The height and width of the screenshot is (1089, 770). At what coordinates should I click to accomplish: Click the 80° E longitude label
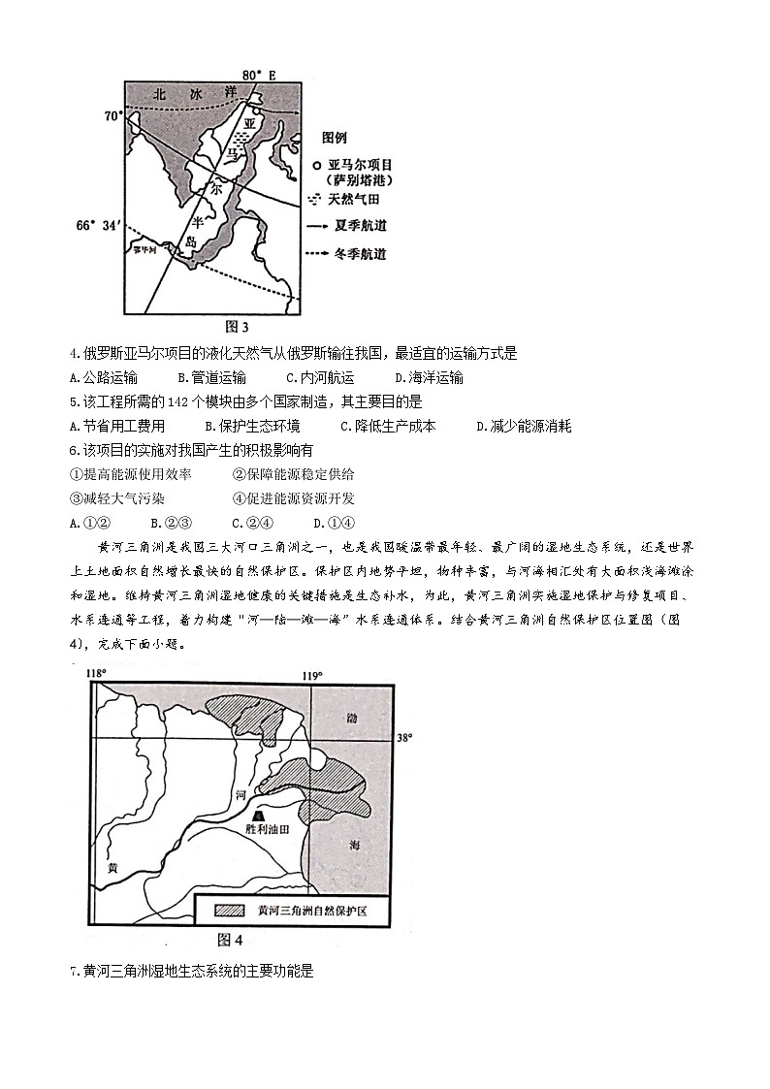(259, 74)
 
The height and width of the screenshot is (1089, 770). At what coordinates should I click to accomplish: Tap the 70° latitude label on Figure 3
(114, 116)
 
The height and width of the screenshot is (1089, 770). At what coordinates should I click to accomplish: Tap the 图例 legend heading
(335, 138)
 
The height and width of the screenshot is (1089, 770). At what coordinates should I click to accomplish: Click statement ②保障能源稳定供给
(294, 474)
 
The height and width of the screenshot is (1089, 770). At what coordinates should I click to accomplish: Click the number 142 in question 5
(152, 401)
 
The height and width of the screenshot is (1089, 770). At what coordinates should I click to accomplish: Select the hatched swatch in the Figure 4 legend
(229, 911)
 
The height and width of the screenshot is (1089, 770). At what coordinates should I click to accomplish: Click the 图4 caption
(229, 940)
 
